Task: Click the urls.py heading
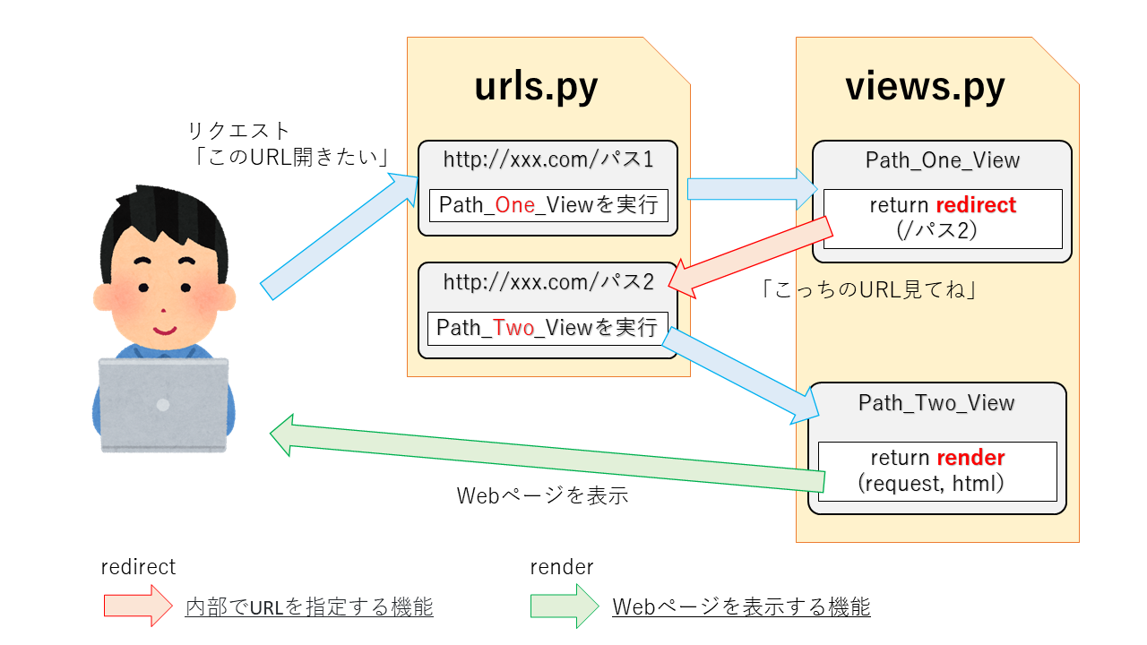pos(536,88)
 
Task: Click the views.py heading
pos(925,88)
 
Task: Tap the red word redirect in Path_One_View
pos(975,205)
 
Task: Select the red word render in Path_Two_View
pos(970,458)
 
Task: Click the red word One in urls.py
pos(514,205)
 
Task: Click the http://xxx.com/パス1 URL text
pos(548,159)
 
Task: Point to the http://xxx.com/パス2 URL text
pos(548,282)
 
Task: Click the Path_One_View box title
pos(942,160)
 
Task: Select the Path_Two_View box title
pos(936,403)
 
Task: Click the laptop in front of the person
pos(163,404)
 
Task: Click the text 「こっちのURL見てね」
pos(867,289)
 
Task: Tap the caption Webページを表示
pos(542,494)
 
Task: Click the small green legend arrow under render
pos(564,606)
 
